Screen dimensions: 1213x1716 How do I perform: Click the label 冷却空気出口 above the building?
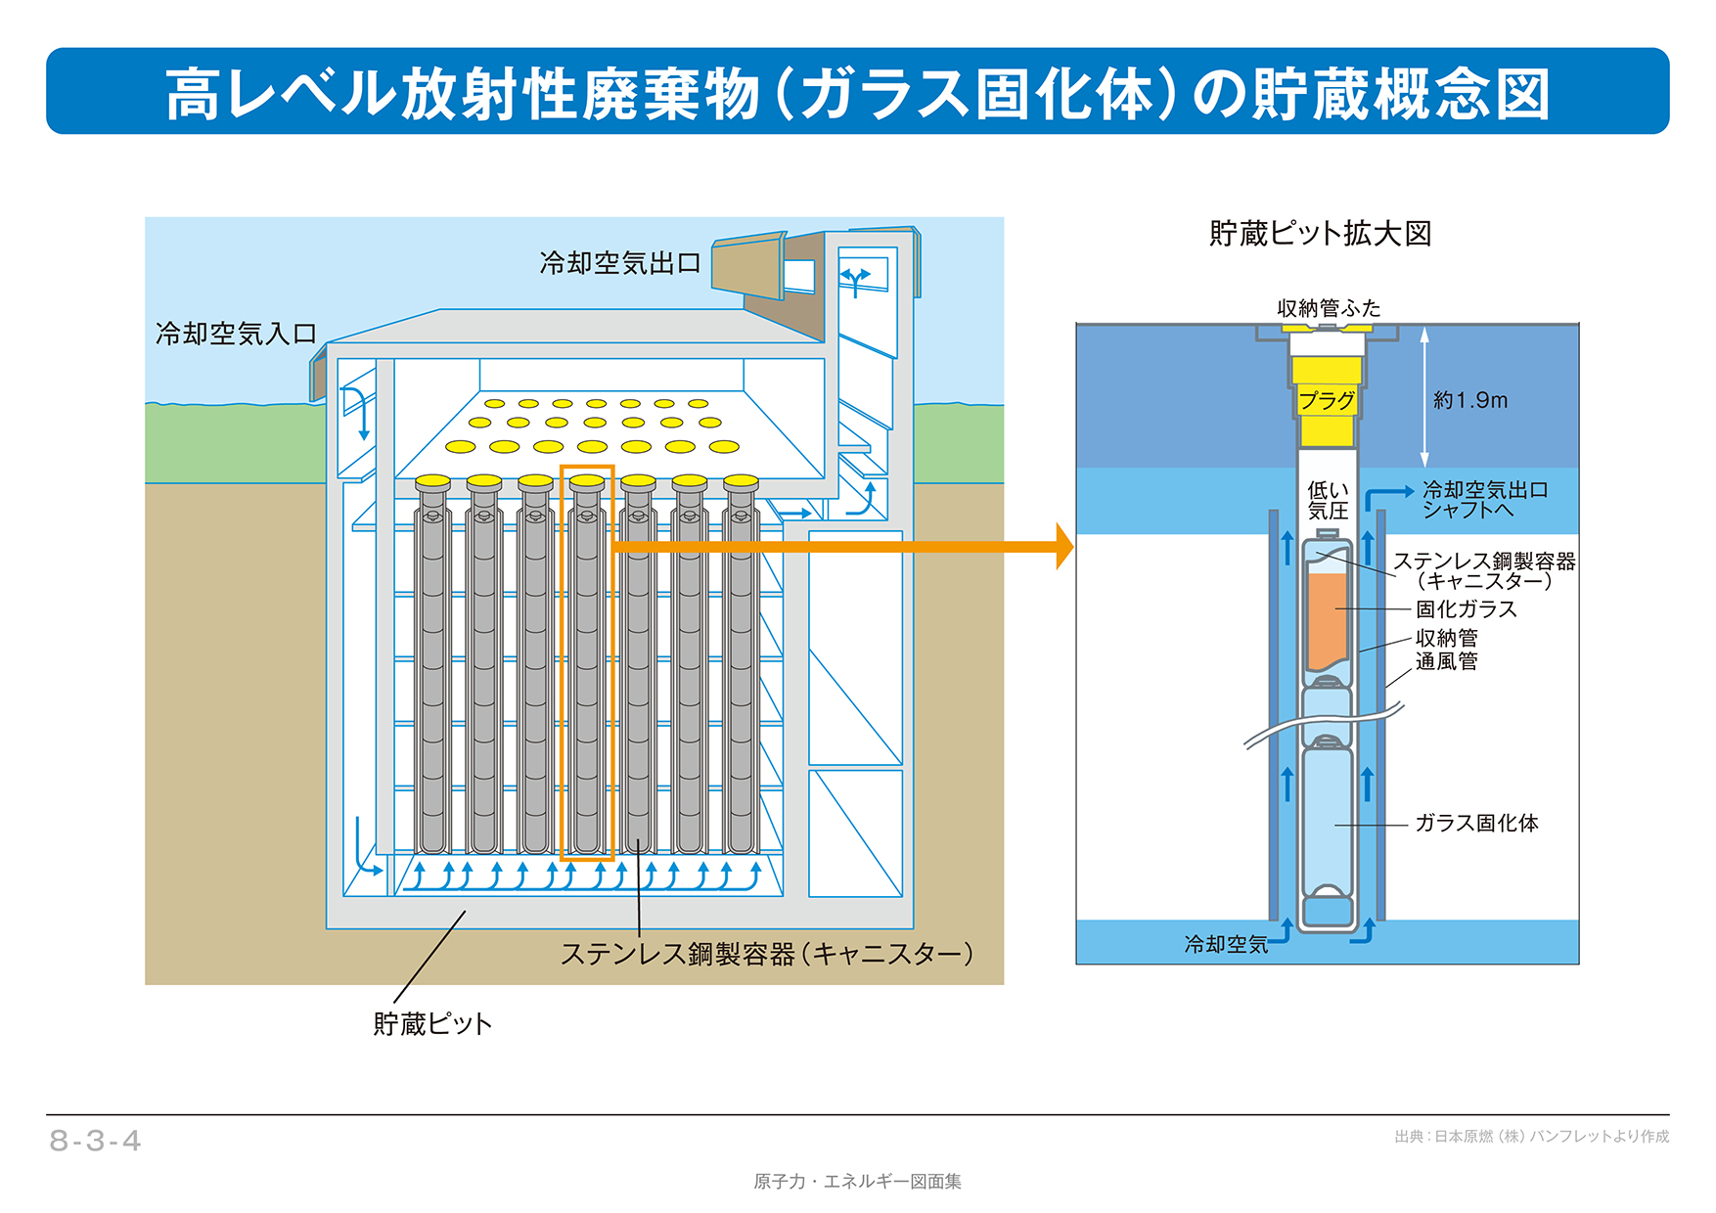coord(619,263)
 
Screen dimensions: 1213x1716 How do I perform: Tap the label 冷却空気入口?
coord(236,334)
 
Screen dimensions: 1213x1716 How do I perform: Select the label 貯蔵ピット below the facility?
coord(431,1024)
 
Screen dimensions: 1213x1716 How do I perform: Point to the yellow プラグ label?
coord(1327,400)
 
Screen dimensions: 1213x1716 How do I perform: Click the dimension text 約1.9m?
coord(1469,400)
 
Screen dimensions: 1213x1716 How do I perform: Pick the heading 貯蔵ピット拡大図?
coord(1320,234)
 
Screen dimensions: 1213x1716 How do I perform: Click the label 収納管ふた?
coord(1328,308)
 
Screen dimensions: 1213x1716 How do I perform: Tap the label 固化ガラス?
coord(1466,608)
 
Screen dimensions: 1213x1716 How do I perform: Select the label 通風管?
coord(1446,661)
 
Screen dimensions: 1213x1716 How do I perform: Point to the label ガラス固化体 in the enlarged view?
coord(1475,823)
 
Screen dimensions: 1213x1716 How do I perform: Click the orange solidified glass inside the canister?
coord(1327,621)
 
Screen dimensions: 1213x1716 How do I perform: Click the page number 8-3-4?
coord(96,1141)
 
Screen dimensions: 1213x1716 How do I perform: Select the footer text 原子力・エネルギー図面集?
coord(857,1182)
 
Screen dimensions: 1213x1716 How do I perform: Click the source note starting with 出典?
coord(1531,1137)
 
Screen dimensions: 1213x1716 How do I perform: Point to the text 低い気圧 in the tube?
coord(1327,500)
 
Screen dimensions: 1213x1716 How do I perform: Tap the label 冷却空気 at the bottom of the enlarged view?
coord(1225,944)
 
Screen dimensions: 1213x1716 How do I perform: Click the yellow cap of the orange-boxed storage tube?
coord(587,481)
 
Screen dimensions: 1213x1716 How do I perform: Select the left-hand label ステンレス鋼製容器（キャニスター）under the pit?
coord(766,954)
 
